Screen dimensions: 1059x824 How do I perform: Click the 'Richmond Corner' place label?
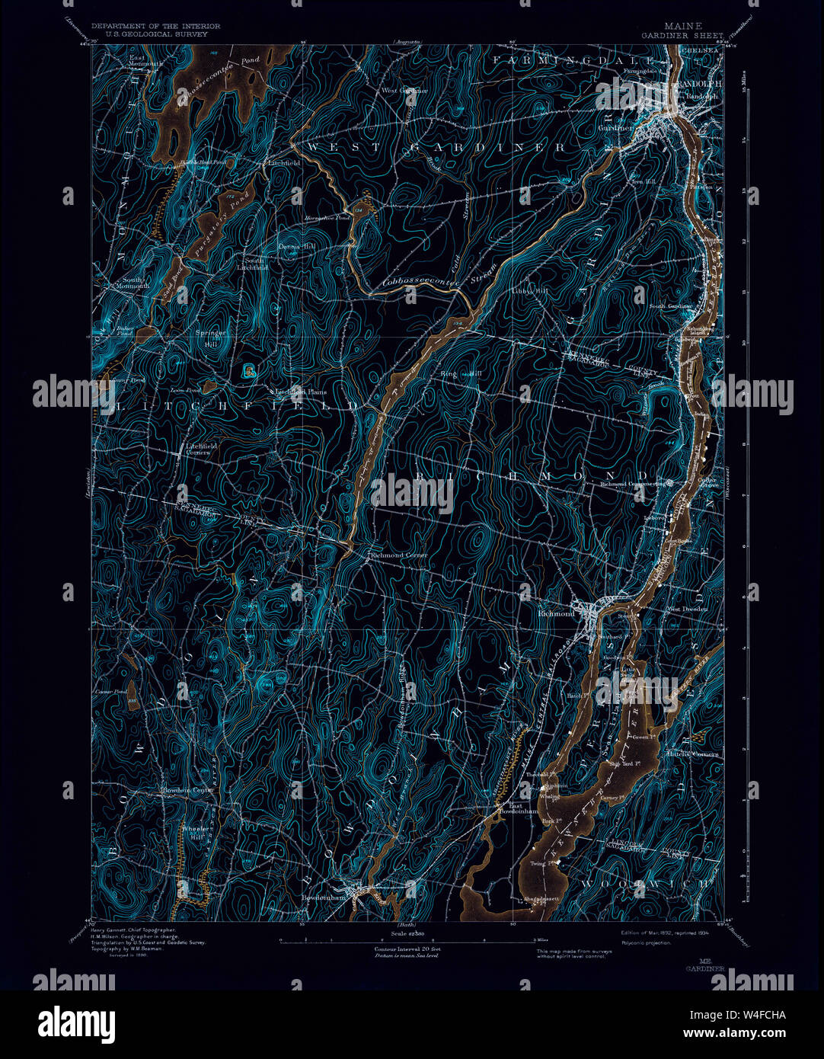(x=398, y=555)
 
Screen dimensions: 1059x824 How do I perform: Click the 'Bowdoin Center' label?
(x=187, y=790)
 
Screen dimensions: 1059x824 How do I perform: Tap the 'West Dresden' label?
(x=688, y=609)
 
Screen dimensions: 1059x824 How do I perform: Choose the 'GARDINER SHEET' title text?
(x=682, y=35)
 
